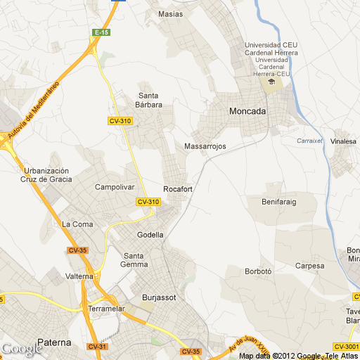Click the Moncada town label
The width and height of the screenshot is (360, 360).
[247, 111]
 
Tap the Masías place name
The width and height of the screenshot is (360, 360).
[171, 13]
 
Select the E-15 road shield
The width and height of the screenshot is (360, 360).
[102, 32]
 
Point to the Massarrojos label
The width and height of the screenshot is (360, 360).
[204, 146]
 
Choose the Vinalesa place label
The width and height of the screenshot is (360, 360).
[345, 141]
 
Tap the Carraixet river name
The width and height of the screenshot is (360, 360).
[309, 141]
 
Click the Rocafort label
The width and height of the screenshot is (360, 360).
[178, 189]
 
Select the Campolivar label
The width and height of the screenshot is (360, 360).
[114, 188]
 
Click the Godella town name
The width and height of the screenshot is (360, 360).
[150, 235]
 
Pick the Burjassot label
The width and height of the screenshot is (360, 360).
[158, 297]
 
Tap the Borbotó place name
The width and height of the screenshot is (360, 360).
[258, 271]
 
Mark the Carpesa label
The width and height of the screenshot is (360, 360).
[310, 266]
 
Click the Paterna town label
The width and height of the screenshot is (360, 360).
[54, 342]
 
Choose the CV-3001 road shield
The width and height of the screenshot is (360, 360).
[347, 346]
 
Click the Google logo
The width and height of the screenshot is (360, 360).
[21, 349]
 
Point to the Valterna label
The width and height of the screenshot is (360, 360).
[79, 276]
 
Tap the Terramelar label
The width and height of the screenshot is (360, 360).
[107, 309]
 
